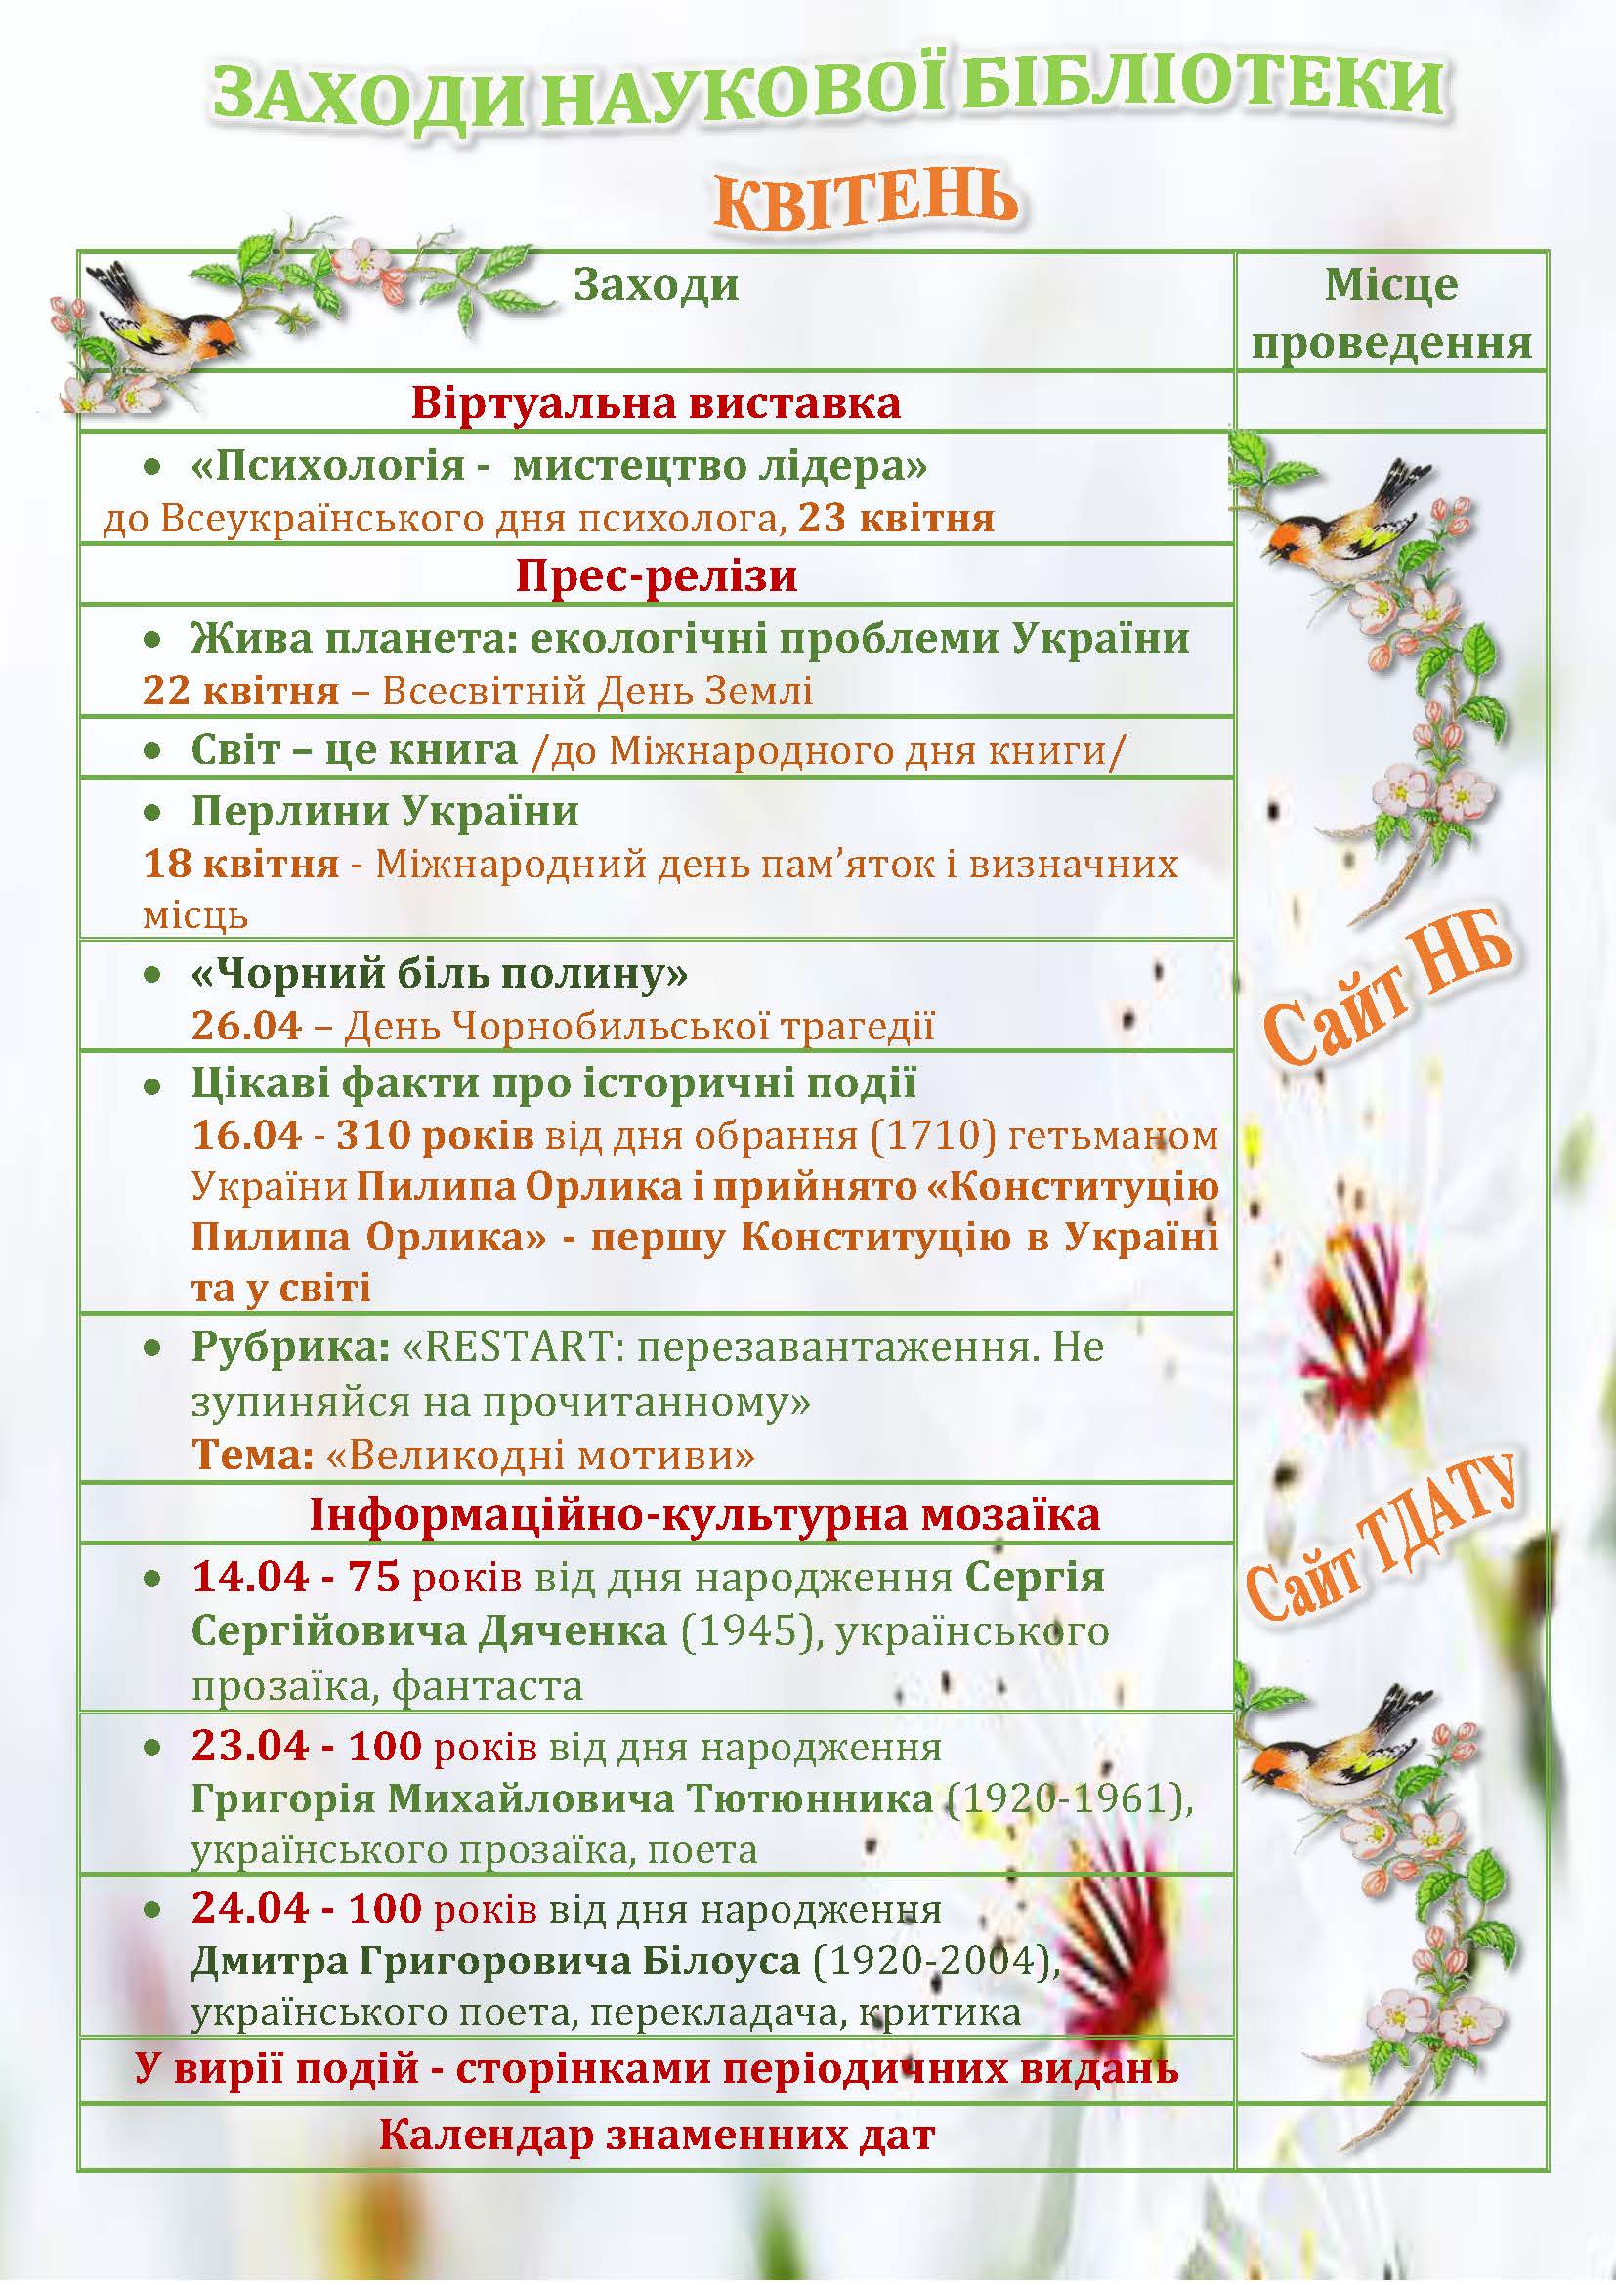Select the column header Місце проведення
pyautogui.click(x=1390, y=314)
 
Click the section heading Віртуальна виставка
pyautogui.click(x=656, y=404)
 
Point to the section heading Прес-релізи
pyautogui.click(x=656, y=576)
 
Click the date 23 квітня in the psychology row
pyautogui.click(x=896, y=519)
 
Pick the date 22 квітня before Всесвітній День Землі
pyautogui.click(x=239, y=691)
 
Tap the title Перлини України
pyautogui.click(x=384, y=811)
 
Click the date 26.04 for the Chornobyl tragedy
pyautogui.click(x=246, y=1025)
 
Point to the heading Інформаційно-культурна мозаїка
pyautogui.click(x=704, y=1515)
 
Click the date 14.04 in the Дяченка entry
pyautogui.click(x=245, y=1578)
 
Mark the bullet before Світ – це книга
pyautogui.click(x=152, y=750)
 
